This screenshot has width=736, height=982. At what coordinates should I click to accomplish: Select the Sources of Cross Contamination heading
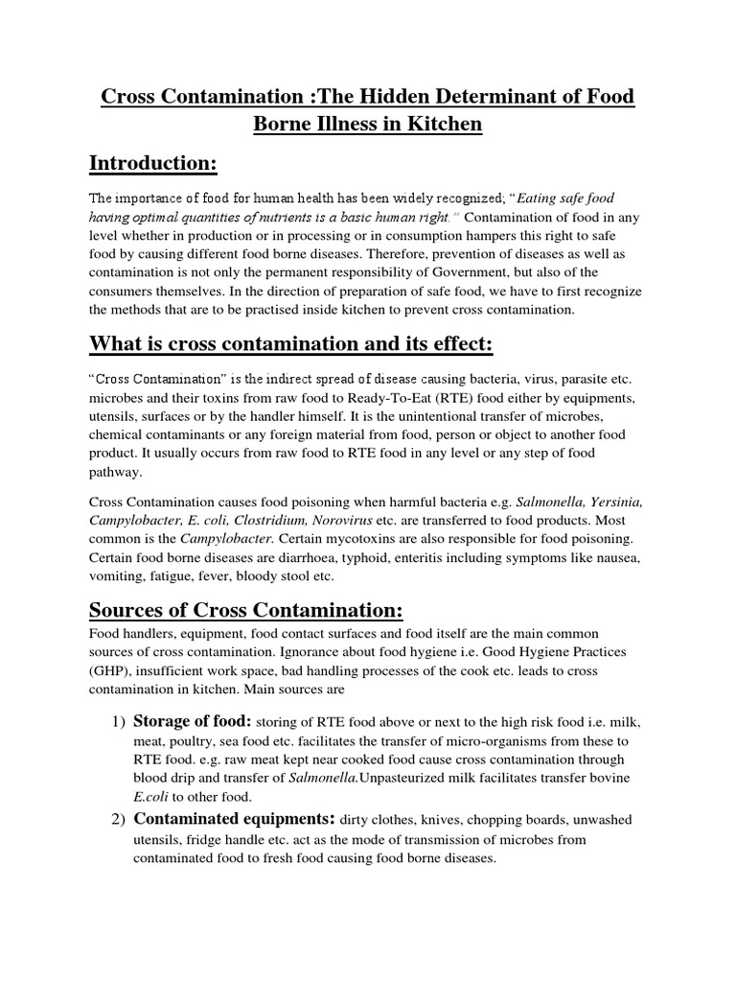(246, 612)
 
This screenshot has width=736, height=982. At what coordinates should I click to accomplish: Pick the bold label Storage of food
(193, 720)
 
